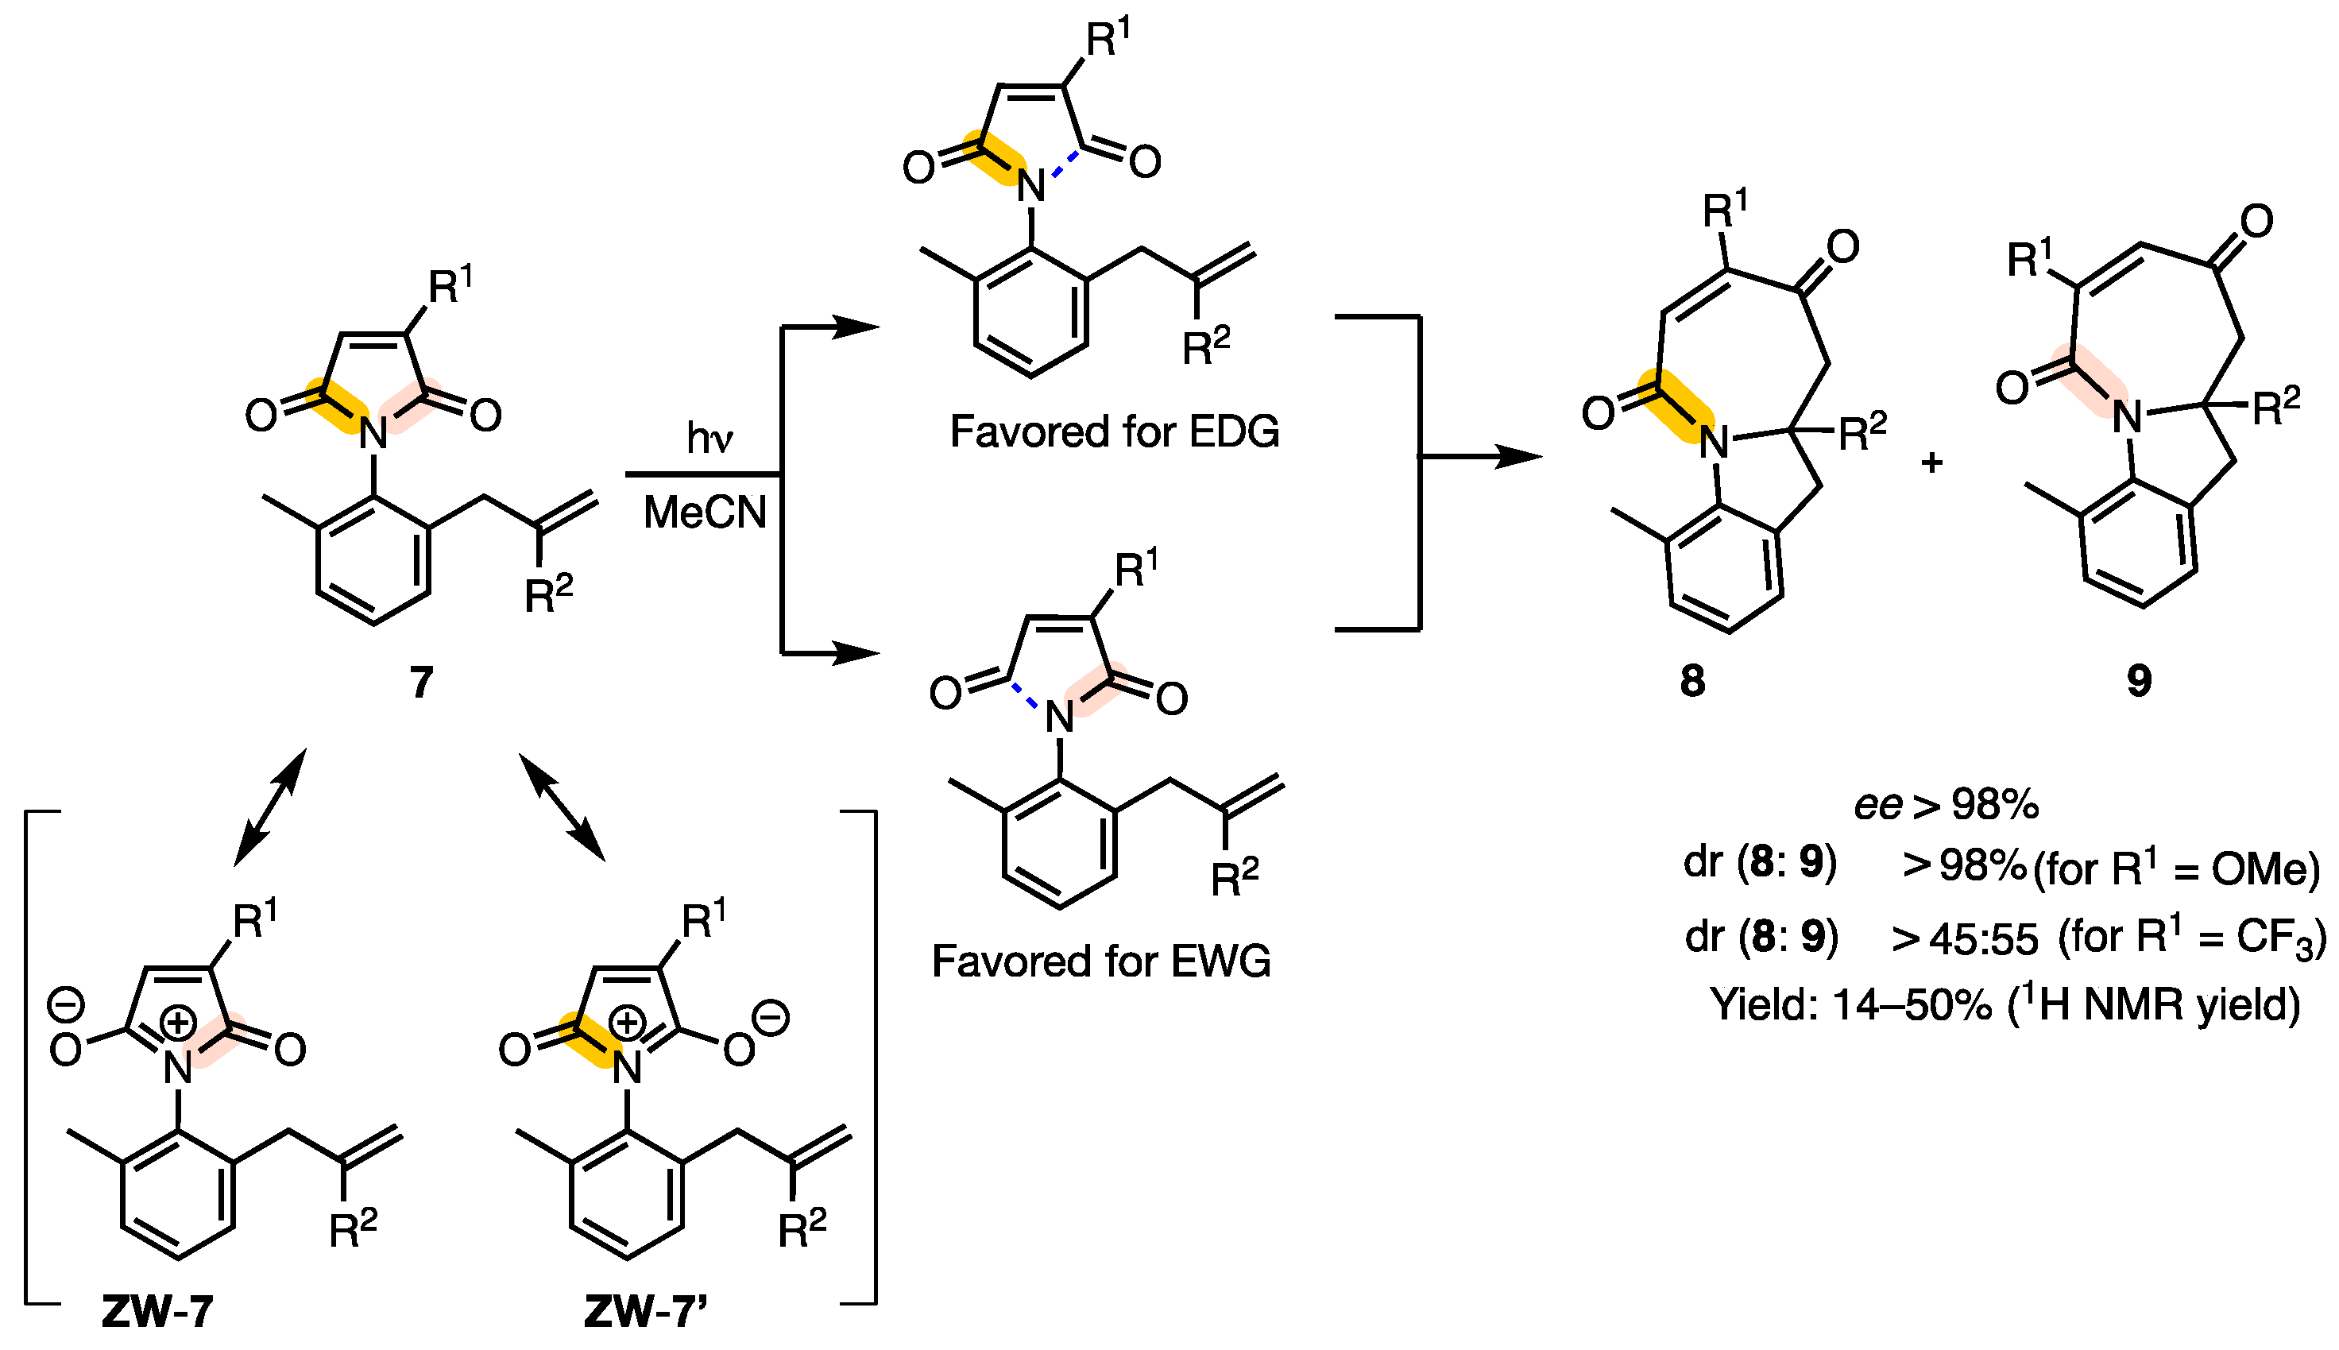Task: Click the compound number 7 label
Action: (422, 683)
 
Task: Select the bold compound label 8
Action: (1692, 682)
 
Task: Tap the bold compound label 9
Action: (2139, 682)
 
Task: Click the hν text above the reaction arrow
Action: (709, 438)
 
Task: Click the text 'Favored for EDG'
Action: (1115, 432)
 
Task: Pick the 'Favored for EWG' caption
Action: (1101, 961)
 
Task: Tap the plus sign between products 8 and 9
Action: (1931, 462)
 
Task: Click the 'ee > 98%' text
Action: (1946, 804)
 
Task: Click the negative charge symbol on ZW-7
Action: (66, 1004)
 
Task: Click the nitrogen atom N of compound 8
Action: (1715, 443)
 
